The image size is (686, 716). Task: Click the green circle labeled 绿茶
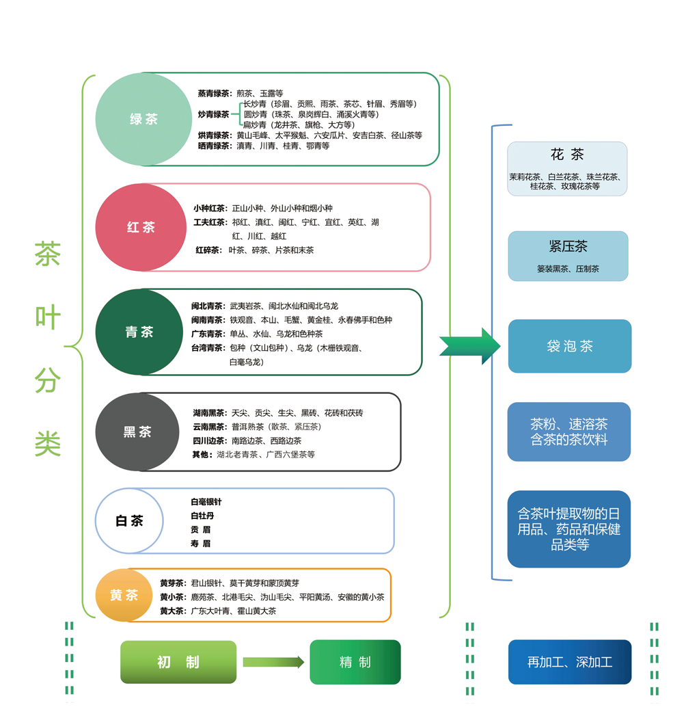[143, 119]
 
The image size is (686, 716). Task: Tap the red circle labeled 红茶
[141, 227]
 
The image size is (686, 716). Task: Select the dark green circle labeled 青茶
[139, 332]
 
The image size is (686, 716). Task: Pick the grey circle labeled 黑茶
[137, 432]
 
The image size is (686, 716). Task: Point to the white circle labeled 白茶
[129, 521]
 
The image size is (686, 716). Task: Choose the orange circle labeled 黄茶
[124, 595]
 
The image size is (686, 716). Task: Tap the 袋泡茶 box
[569, 346]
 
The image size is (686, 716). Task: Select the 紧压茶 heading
[568, 246]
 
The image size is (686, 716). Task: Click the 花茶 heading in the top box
[567, 155]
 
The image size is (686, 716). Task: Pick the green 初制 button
[178, 662]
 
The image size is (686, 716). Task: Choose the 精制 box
[355, 662]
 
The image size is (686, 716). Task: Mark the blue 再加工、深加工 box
[569, 662]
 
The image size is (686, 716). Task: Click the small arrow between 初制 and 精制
[273, 662]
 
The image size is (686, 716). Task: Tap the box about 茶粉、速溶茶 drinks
[568, 432]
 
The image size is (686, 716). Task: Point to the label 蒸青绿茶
[215, 93]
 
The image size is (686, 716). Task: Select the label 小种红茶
[210, 208]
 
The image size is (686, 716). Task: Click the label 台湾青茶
[208, 348]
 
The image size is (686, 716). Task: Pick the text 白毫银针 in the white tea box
[206, 502]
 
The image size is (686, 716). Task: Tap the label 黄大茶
[172, 611]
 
